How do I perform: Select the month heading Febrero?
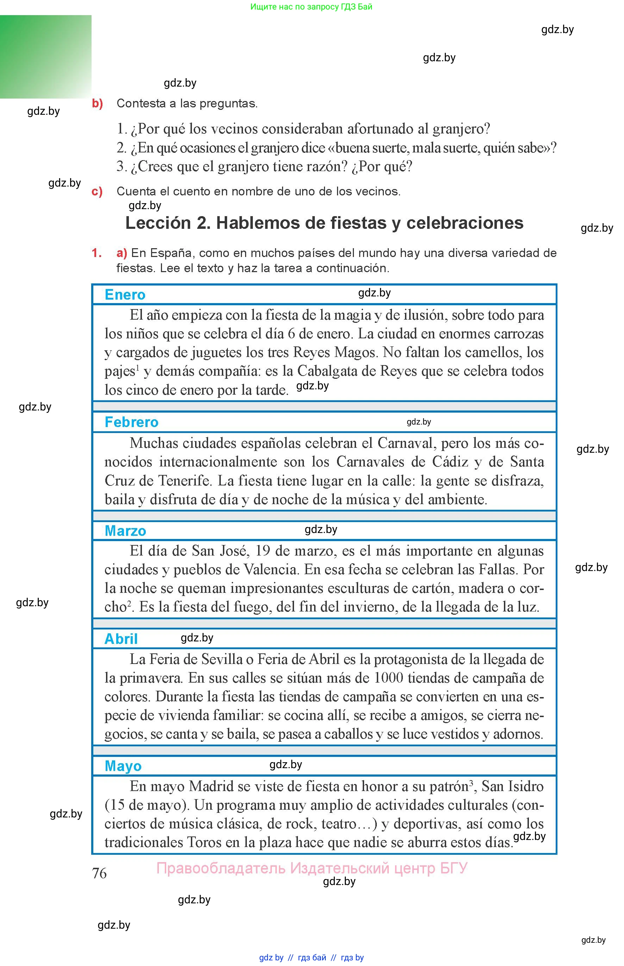(131, 422)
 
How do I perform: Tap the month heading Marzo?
(125, 531)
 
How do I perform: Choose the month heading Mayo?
(123, 766)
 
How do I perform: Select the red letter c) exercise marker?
(97, 191)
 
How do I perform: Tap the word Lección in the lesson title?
(158, 223)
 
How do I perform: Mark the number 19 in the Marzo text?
(263, 551)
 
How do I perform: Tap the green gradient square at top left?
(45, 57)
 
